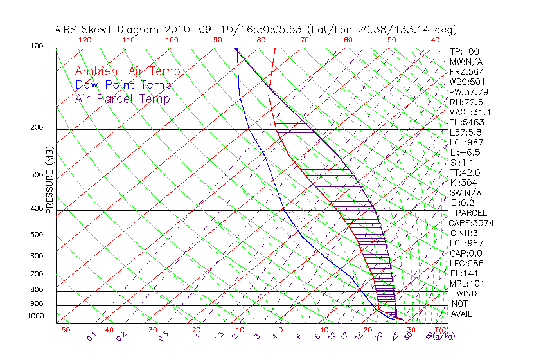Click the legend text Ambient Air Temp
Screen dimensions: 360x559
point(127,71)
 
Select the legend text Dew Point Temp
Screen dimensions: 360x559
point(123,85)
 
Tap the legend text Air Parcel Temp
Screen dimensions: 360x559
point(122,98)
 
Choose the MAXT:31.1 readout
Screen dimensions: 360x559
point(470,112)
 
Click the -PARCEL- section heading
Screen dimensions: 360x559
point(472,213)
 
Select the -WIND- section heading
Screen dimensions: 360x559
point(467,293)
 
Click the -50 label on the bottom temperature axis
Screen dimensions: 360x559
point(63,330)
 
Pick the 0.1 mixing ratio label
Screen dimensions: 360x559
point(91,336)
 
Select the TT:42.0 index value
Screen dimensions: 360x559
point(466,172)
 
